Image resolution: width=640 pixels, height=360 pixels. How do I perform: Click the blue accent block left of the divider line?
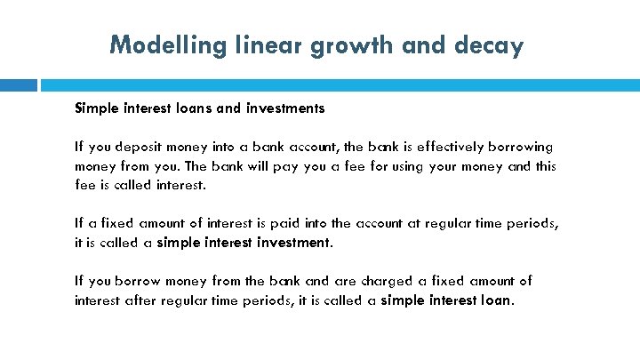[x=19, y=85]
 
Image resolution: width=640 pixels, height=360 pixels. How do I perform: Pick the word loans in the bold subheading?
[x=190, y=108]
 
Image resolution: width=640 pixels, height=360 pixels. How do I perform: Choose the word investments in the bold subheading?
[x=282, y=108]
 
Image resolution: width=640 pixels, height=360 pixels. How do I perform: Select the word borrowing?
[x=521, y=146]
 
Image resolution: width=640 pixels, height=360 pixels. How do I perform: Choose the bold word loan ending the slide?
[x=495, y=300]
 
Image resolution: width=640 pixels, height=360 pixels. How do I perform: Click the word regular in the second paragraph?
[x=454, y=223]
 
